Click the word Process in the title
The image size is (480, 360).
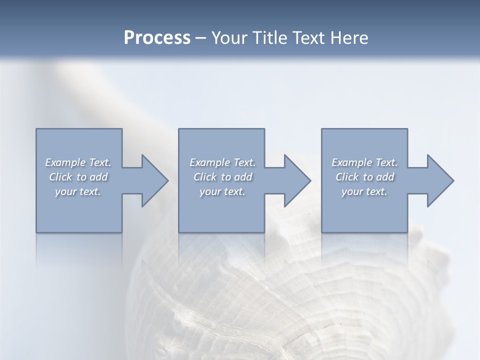point(157,38)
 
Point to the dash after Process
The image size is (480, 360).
point(200,38)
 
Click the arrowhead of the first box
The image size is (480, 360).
point(154,180)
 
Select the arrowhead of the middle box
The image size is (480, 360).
point(297,180)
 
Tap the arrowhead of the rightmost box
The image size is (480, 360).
point(439,180)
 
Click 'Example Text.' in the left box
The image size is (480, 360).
point(78,162)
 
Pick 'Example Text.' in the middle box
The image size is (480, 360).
point(222,162)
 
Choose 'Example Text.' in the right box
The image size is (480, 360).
point(364,162)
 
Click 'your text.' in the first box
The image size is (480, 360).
point(78,191)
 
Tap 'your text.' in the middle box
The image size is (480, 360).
point(222,191)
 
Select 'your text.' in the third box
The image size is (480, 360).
point(364,191)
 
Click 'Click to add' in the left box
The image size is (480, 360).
point(78,177)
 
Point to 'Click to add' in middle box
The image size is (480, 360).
point(222,177)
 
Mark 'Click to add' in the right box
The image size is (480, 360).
point(364,177)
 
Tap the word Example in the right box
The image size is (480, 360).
point(352,162)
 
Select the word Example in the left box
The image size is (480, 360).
point(65,162)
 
